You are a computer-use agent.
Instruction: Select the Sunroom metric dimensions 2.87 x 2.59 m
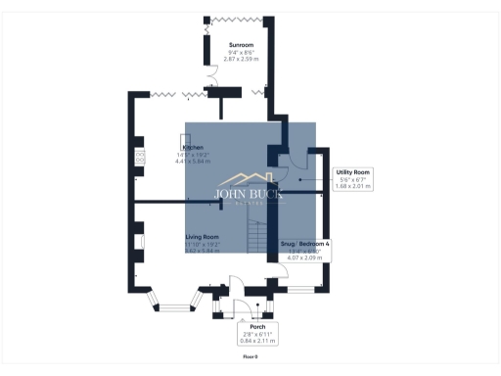coord(240,60)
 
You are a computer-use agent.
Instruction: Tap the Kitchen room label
coord(193,147)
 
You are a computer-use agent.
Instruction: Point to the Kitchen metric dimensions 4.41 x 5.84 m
coord(194,161)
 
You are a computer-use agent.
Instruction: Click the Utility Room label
coord(351,171)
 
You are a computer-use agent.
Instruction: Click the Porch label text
coord(258,327)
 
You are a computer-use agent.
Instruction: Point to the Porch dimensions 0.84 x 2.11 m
coord(258,341)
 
